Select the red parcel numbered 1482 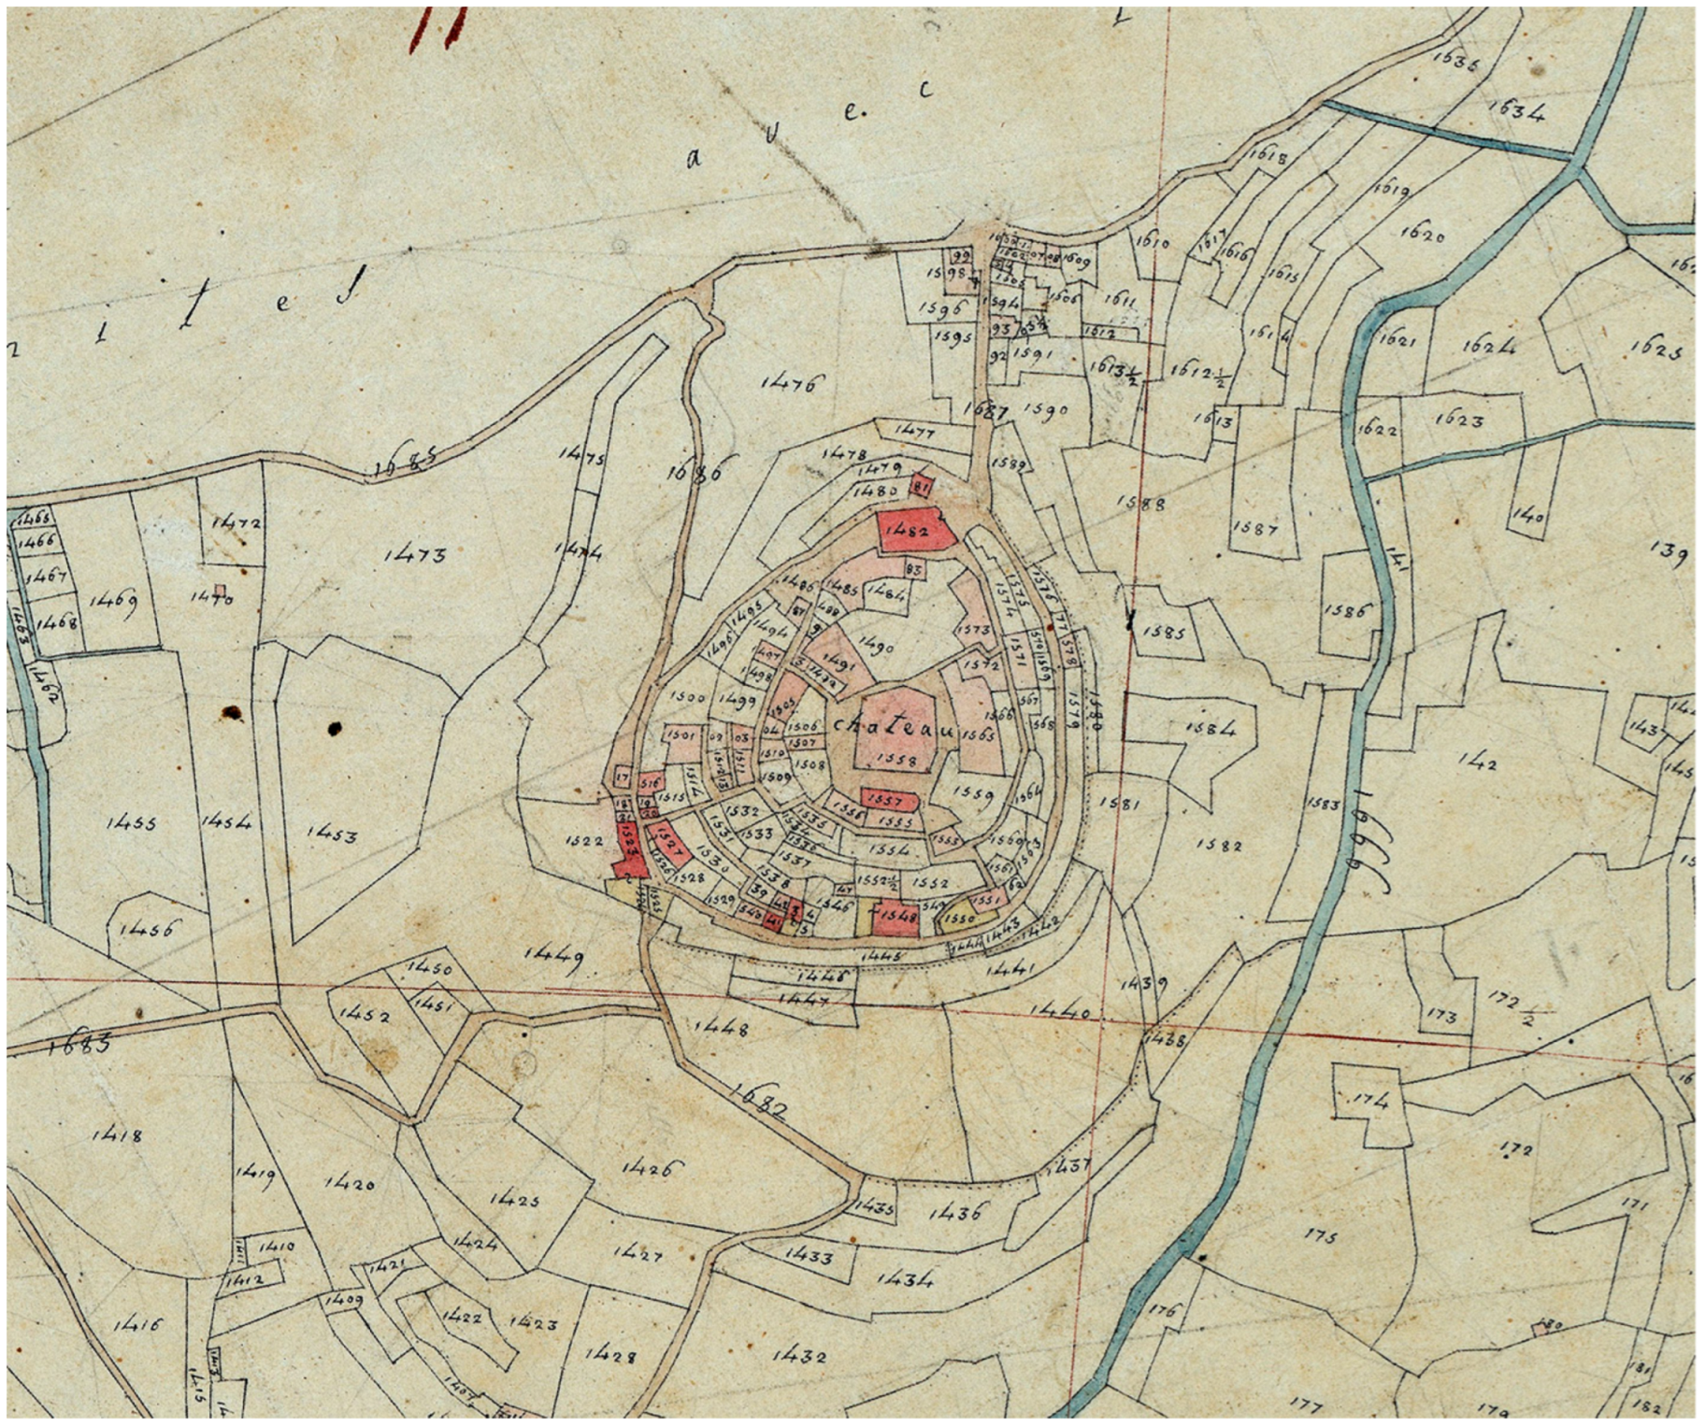[914, 531]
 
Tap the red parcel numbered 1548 [896, 917]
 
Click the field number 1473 [415, 555]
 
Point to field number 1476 [789, 382]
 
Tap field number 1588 [1141, 505]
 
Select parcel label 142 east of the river [1476, 763]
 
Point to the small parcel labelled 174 [1370, 1102]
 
